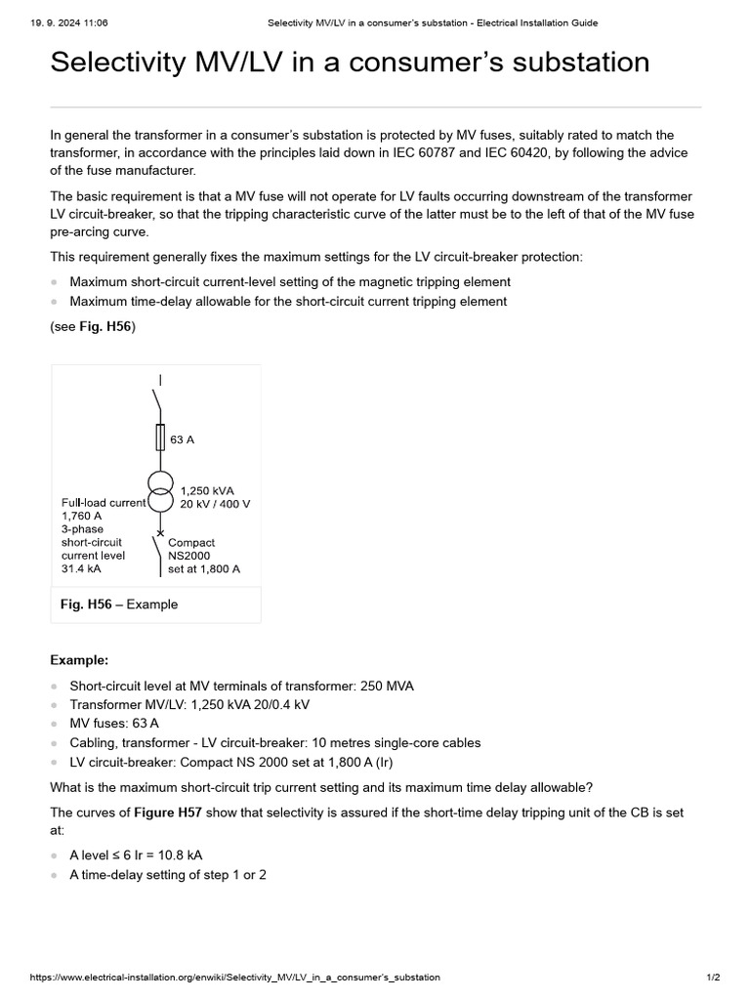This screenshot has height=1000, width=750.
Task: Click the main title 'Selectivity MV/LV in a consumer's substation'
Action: pos(350,62)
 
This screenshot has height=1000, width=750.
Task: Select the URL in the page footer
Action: pos(235,977)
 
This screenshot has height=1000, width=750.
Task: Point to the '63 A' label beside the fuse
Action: pos(182,439)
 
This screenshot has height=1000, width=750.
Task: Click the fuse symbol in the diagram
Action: pos(160,437)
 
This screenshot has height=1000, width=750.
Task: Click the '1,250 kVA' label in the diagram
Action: pos(207,490)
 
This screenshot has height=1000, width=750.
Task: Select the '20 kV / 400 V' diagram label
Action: pos(215,504)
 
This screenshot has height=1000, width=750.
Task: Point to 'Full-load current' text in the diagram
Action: pos(104,503)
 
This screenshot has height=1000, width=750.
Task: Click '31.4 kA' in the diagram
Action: pos(81,568)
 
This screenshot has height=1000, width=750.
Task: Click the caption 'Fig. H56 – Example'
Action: pos(119,604)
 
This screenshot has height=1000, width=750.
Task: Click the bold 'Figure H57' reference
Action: pos(167,812)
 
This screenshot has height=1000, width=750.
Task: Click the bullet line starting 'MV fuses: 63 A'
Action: pos(114,724)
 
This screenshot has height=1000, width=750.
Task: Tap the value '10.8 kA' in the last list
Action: pos(198,854)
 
